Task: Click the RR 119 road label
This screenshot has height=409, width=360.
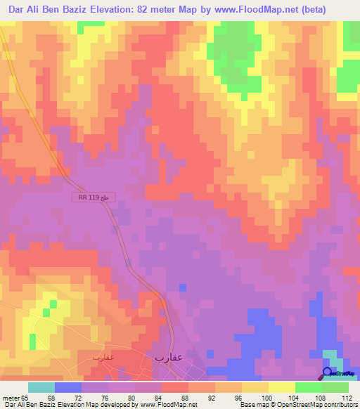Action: coord(93,199)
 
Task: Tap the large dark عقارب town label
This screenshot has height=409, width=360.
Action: coord(169,357)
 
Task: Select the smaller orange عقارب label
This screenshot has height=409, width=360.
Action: coord(103,357)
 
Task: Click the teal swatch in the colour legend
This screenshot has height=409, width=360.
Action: coord(41,387)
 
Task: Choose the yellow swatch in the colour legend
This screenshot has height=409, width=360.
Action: coord(281,387)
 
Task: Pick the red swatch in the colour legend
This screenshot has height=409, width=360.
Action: coord(174,387)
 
